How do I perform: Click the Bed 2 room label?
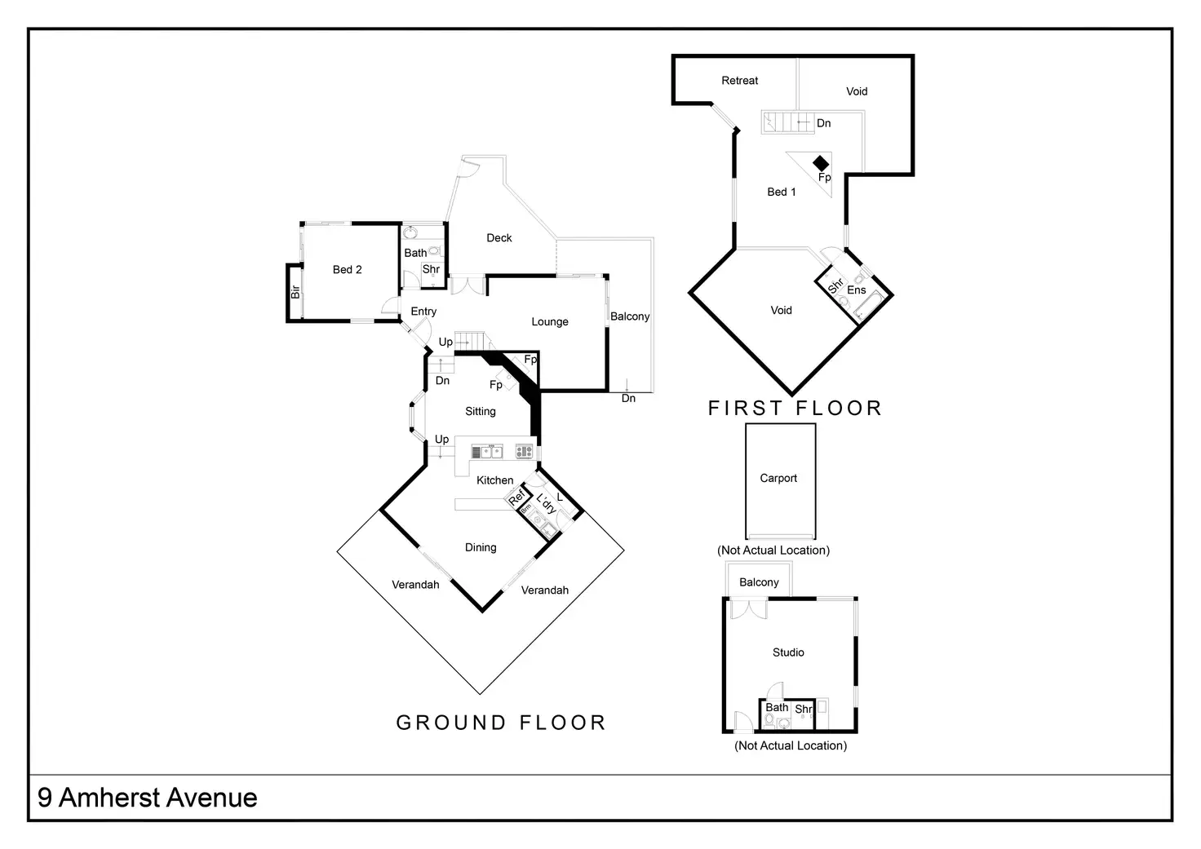[347, 270]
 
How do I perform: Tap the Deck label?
[499, 238]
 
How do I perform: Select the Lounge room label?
[550, 322]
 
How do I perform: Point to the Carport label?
[778, 478]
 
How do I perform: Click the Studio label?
[788, 652]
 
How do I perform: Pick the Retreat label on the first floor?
[739, 81]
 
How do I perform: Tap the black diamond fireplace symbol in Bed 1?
[820, 163]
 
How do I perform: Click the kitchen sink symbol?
[487, 452]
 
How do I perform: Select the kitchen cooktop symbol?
[524, 452]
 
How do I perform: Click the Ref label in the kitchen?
[516, 498]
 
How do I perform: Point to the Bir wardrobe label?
[295, 292]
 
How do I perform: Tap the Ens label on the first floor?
[856, 290]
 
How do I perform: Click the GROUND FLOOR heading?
[501, 723]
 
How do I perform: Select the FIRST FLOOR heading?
[795, 409]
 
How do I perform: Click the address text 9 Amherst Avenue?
[148, 798]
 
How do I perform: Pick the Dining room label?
[481, 548]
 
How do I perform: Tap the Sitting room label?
[481, 412]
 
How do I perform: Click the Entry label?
[423, 312]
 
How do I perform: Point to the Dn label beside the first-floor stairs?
[823, 123]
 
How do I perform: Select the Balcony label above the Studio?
[759, 582]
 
